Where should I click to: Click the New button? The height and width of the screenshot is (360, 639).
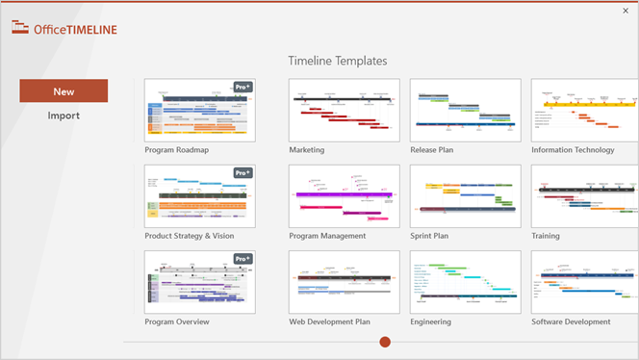pos(64,91)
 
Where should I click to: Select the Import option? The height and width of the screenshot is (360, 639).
pos(64,116)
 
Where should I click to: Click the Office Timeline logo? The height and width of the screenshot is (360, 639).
pos(64,29)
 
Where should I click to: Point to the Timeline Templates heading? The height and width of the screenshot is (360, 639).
pos(338,61)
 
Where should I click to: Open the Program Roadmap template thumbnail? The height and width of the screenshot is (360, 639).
pos(199,110)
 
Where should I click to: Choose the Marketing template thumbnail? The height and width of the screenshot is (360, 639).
pos(344,110)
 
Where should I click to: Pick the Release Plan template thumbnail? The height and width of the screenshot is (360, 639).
pos(465,110)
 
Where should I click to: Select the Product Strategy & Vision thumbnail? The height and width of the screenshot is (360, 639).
pos(199,195)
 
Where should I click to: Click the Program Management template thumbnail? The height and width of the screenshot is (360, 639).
pos(344,195)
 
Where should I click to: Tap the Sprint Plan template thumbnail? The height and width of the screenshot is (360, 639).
pos(465,195)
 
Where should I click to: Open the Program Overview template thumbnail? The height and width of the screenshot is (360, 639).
pos(199,282)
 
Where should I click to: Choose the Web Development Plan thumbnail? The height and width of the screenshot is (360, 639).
pos(344,282)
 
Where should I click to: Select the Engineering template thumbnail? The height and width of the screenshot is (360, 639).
pos(465,282)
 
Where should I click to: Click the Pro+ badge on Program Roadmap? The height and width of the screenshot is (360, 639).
pos(243,87)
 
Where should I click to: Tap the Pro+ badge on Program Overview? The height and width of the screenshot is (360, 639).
pos(243,259)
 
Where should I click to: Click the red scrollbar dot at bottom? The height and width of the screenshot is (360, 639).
pos(385,342)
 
